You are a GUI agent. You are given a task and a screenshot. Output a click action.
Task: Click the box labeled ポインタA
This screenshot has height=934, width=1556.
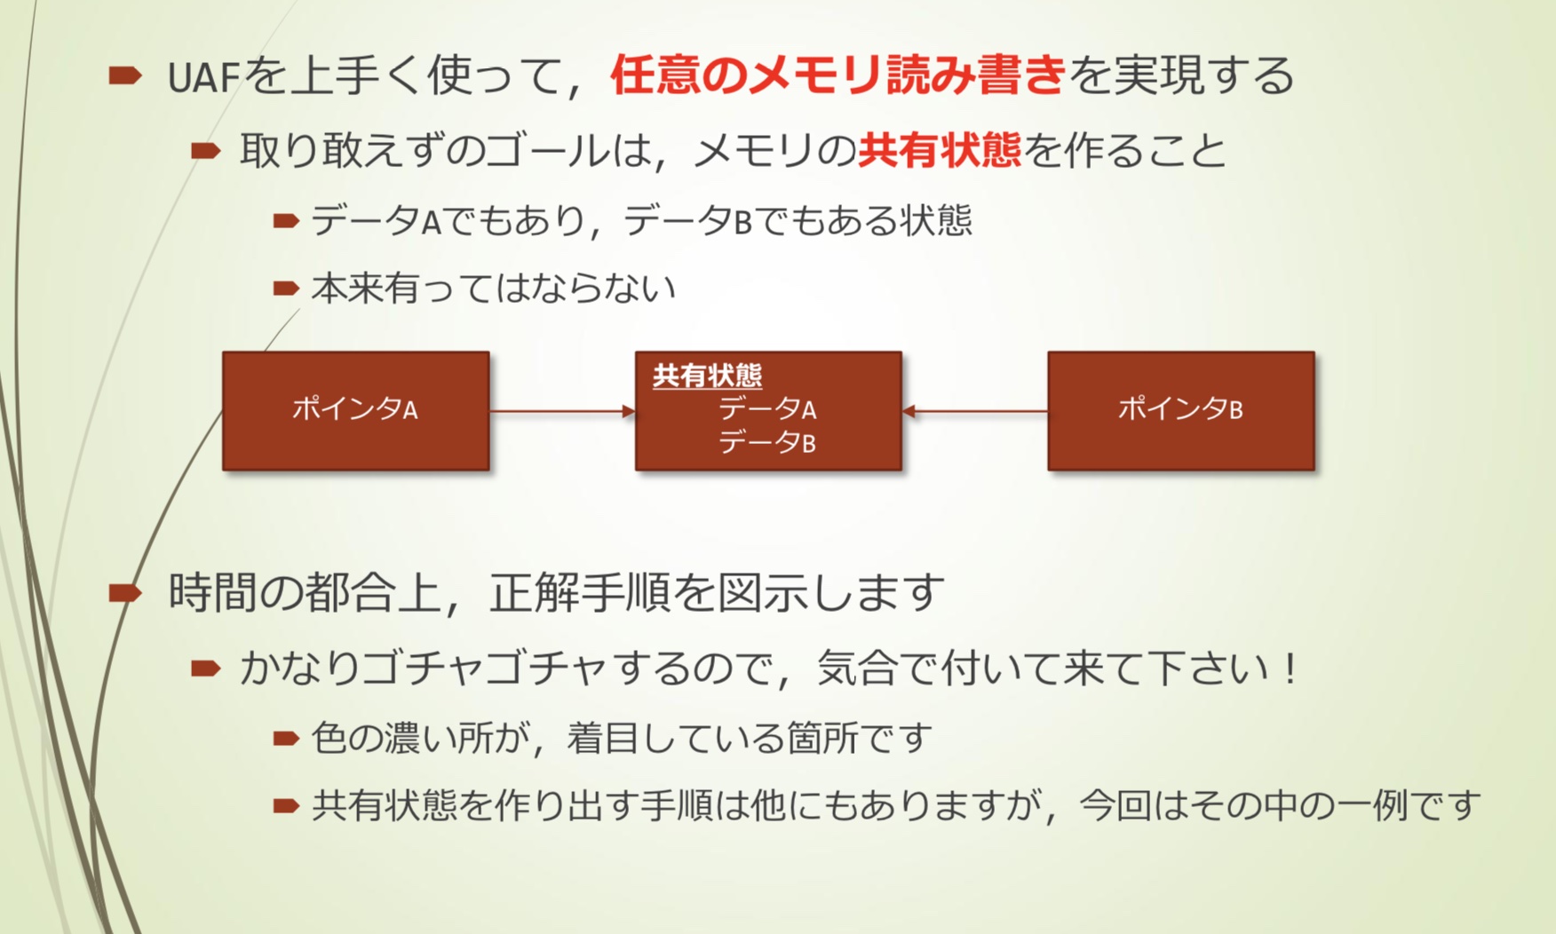click(355, 410)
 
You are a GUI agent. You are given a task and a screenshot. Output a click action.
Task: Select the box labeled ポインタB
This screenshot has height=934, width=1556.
click(1180, 410)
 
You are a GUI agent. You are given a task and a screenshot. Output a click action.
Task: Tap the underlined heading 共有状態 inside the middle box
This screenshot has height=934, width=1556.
click(707, 376)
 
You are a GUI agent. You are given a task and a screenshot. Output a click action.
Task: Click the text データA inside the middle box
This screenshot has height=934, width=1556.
click(767, 409)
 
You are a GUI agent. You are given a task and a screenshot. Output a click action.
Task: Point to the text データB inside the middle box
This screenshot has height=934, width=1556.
click(767, 442)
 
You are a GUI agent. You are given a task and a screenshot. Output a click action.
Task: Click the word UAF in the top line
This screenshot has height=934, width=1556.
click(203, 77)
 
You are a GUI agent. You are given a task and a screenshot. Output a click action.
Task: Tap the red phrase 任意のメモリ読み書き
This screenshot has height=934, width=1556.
click(838, 75)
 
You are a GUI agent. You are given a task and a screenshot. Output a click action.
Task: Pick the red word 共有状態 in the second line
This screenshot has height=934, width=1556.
click(940, 150)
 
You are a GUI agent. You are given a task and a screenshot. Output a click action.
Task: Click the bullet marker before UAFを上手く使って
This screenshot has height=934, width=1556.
click(125, 76)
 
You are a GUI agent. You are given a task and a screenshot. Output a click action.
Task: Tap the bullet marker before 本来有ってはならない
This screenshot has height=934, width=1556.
click(286, 289)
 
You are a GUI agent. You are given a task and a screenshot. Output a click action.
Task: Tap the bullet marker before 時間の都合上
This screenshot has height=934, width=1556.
click(125, 592)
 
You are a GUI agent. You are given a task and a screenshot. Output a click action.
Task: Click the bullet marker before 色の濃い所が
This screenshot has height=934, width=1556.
click(286, 739)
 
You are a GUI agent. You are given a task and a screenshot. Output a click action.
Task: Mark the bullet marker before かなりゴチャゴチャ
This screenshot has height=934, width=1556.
click(206, 669)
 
